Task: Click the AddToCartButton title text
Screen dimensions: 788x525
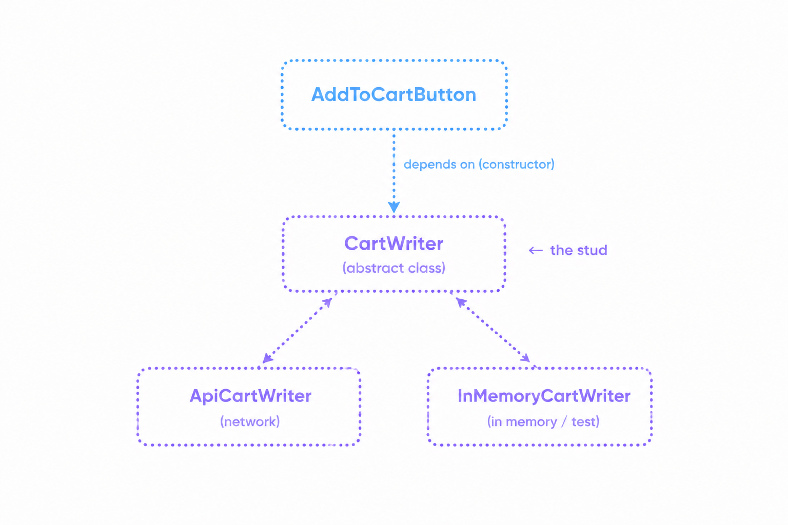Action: pos(393,94)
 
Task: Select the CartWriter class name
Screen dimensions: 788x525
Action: pos(393,244)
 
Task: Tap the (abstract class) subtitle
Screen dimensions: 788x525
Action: pos(393,268)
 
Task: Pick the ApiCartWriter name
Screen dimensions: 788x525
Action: pos(250,396)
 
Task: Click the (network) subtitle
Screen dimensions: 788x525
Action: pos(250,421)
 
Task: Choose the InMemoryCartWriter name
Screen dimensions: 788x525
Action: pos(544,396)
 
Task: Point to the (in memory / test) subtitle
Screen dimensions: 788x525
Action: pos(543,421)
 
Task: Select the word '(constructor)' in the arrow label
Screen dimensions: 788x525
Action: pos(517,164)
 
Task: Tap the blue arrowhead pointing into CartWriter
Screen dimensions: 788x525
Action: pos(393,207)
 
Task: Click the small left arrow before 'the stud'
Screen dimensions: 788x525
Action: pos(536,250)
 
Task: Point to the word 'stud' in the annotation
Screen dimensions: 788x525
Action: pos(593,250)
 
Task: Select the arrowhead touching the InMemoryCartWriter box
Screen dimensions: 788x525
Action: pos(525,357)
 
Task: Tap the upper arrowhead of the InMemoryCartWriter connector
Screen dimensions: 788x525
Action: pos(461,302)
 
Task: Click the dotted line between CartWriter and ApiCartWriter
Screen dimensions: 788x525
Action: pos(297,330)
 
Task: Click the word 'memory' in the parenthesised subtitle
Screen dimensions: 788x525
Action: pos(531,422)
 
